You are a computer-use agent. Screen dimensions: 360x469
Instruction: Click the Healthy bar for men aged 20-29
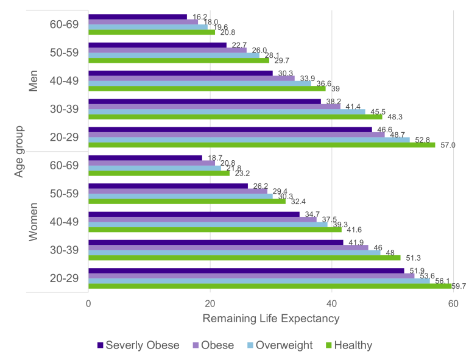(x=262, y=145)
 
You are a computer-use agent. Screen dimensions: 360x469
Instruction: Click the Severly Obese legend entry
(x=138, y=345)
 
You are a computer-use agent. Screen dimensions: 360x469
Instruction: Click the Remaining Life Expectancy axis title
(x=270, y=319)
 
